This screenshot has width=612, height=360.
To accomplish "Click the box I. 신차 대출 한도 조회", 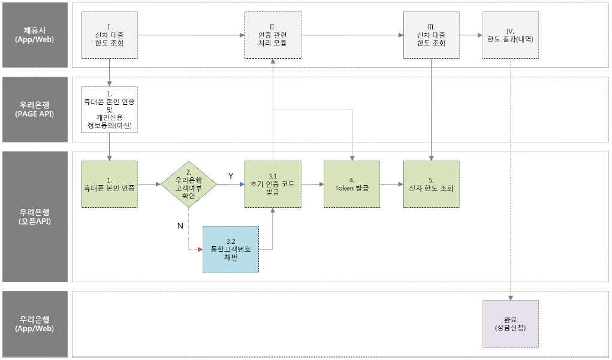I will point(110,35).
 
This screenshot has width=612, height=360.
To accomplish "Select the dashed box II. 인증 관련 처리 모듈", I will point(273,35).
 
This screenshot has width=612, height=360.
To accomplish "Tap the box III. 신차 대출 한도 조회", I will point(431,35).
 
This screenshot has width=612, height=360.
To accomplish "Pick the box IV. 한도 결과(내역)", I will point(510,35).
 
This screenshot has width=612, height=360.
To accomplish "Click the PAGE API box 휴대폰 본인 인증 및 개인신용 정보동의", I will point(110,110).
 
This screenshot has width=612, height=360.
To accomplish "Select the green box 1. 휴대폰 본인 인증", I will point(110,184).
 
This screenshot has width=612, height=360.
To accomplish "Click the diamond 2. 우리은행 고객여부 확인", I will point(189,184).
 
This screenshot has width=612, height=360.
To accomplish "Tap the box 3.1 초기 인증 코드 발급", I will point(273,184).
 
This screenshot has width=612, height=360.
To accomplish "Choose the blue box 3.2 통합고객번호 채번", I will point(231,249).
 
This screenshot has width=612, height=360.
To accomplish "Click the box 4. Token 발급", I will point(352,184).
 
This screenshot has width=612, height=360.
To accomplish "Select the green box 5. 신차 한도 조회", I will point(431,184).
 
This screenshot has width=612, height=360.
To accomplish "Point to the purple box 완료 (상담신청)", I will point(510,323).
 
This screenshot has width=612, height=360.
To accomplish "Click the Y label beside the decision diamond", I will point(230,176).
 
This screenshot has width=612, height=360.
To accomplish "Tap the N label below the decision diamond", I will point(179,225).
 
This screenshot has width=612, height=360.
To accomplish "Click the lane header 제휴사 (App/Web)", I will point(34,35).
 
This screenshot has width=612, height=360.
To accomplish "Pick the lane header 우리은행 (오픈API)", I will point(34,216).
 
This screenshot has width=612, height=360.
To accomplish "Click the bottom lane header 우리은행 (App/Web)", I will point(34,324).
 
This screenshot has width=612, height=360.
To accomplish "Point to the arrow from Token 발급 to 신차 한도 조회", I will point(391,184).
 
